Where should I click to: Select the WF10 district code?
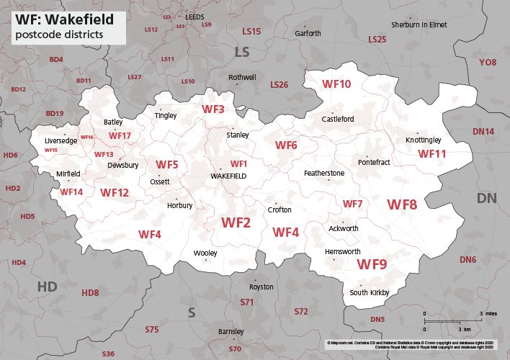tap(336, 84)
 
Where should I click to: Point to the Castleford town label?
tap(338, 120)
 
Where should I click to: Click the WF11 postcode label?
tap(432, 153)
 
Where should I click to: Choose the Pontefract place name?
tap(372, 163)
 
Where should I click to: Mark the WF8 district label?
tap(402, 204)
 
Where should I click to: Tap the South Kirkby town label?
tap(369, 292)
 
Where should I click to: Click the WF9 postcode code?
tap(372, 264)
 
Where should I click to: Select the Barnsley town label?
tap(231, 331)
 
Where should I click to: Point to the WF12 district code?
tap(115, 192)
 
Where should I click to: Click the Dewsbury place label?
tap(122, 165)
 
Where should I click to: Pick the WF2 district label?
tap(236, 223)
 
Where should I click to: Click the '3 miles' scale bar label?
tap(488, 315)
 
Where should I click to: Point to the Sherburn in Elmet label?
tap(419, 24)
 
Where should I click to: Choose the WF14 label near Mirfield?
tap(71, 192)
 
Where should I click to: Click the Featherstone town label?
tap(324, 174)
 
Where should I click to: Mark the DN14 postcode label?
tap(483, 131)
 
